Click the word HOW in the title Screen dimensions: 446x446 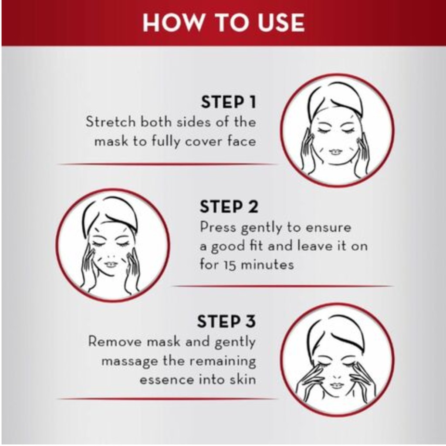173,23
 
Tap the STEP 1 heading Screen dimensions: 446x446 228,102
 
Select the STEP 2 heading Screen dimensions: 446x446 229,206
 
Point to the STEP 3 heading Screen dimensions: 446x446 226,321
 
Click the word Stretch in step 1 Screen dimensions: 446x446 111,122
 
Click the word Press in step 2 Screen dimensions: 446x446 218,227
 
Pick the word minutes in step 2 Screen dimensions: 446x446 267,265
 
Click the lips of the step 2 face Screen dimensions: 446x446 111,264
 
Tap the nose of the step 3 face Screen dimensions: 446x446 337,376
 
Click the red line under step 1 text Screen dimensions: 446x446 167,164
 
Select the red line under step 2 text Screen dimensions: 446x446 283,286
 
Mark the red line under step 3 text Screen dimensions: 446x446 167,399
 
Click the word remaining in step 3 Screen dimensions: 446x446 223,361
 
